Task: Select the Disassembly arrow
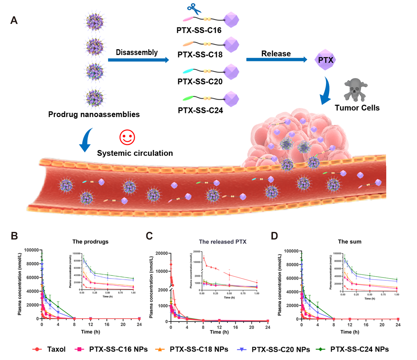(x=138, y=60)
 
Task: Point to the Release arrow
(x=276, y=59)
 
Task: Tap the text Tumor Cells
(x=357, y=108)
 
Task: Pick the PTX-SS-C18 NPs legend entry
(x=198, y=349)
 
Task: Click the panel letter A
(x=14, y=21)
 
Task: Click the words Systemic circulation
(x=135, y=153)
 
